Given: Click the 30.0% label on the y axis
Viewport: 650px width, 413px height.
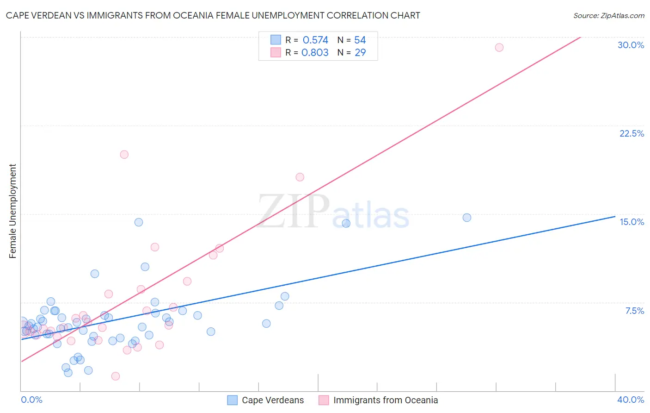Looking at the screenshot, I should point(631,45).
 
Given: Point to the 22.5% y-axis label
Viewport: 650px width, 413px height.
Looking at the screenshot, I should point(632,133).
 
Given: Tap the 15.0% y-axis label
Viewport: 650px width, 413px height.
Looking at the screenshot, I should point(632,222).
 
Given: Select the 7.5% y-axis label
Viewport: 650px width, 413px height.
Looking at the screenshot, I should point(634,311).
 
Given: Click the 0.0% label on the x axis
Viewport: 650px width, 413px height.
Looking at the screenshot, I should point(31,400).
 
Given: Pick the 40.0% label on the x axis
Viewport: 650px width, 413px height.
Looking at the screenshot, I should point(630,400).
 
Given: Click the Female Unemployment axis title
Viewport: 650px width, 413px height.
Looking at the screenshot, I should point(12,211).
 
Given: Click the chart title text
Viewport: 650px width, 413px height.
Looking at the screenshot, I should point(213,15).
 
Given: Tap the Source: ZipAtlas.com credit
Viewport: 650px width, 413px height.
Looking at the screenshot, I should point(608,16).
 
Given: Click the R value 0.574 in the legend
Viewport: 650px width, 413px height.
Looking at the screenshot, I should point(315,40).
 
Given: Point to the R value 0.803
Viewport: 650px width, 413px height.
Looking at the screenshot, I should point(315,53).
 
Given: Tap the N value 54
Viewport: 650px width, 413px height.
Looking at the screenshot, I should point(360,40).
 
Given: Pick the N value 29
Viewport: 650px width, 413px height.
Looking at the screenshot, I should point(360,53).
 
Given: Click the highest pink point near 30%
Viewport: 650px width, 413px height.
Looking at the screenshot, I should point(499,47).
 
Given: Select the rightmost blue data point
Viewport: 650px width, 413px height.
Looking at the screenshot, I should point(467,218).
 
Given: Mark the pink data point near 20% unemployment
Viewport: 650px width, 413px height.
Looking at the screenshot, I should point(124,155).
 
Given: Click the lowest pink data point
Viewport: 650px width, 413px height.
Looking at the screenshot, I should point(116,376).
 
